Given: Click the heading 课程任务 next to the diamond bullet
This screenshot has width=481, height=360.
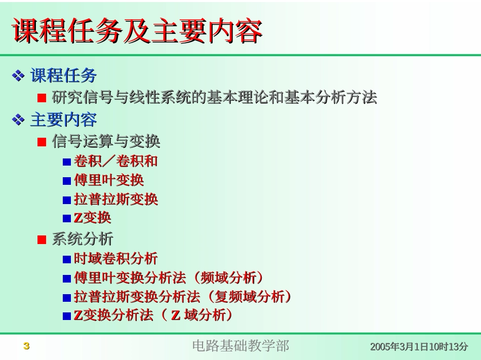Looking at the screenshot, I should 63,76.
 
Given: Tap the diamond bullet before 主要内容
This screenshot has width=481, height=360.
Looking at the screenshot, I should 18,120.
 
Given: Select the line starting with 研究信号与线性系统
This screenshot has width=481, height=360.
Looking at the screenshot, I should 214,98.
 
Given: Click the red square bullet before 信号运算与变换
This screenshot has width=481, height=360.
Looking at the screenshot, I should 42,142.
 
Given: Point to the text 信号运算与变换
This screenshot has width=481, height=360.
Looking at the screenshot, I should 106,141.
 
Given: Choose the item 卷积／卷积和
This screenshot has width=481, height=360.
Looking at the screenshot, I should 115,161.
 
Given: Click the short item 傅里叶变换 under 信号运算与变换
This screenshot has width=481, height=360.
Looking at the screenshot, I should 109,180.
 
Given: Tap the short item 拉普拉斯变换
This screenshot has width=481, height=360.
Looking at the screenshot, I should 116,199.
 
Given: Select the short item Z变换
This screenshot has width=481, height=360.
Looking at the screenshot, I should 92,218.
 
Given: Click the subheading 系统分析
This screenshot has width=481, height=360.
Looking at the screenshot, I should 83,239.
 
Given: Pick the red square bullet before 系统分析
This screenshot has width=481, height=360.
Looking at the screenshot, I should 42,239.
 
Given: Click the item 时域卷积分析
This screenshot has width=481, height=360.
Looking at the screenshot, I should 115,258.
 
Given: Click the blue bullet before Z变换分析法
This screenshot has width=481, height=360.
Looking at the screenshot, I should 67,316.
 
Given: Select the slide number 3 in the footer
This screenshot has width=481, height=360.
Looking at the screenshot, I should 27,346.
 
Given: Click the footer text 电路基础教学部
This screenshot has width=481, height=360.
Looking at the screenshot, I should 240,346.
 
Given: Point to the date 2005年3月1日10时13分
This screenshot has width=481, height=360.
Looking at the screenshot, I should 419,347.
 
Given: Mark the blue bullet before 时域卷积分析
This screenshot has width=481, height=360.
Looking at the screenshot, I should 67,259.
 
